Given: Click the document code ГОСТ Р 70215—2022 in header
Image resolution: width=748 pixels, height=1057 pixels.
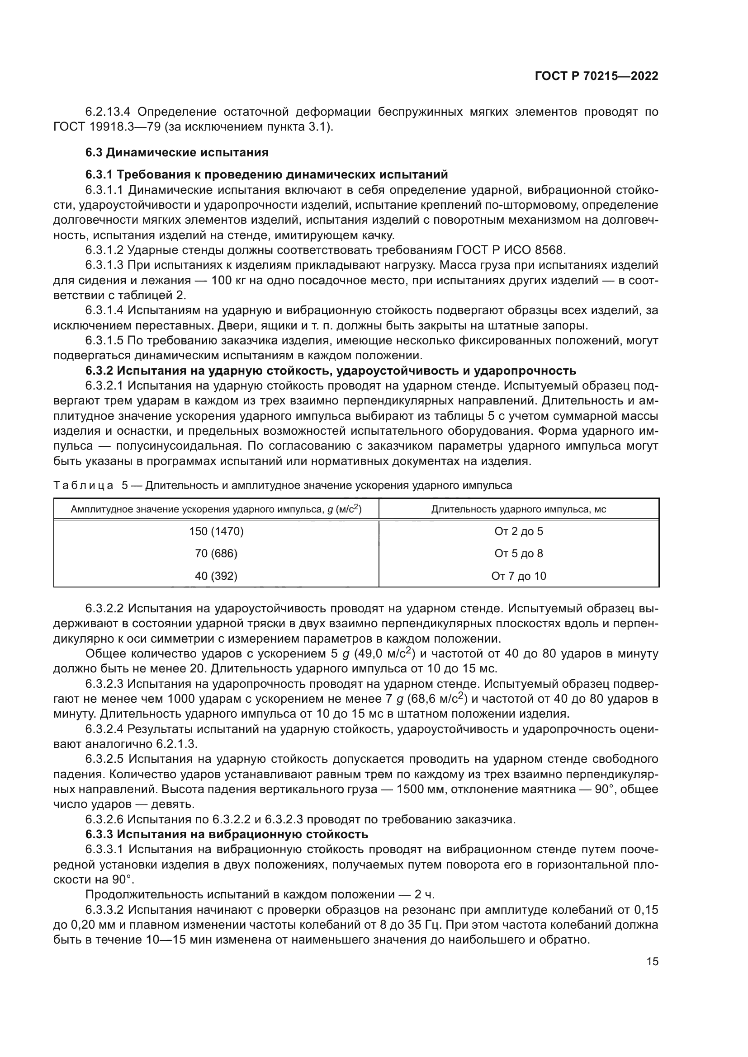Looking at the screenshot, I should tap(597, 76).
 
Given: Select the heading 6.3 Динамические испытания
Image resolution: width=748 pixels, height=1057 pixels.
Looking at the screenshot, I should tap(177, 152).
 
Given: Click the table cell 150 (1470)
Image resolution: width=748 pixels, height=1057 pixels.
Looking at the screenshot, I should tap(216, 531).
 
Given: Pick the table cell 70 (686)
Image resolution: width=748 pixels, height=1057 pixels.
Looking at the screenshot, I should tap(216, 554).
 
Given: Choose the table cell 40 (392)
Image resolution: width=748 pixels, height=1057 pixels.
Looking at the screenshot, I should tap(216, 576).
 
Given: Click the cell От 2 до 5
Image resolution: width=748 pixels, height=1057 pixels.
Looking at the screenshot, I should tap(519, 531).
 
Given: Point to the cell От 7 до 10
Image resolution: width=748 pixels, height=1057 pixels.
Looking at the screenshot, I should tap(519, 576).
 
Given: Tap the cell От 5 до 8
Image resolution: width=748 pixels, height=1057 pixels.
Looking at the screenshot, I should tap(519, 554).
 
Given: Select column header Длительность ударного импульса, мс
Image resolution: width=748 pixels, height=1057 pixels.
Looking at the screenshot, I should tap(519, 509).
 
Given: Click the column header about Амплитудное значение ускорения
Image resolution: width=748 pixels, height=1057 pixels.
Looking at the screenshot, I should tap(216, 509).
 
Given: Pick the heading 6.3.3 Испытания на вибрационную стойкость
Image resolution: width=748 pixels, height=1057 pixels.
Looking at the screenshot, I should tap(227, 834).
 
